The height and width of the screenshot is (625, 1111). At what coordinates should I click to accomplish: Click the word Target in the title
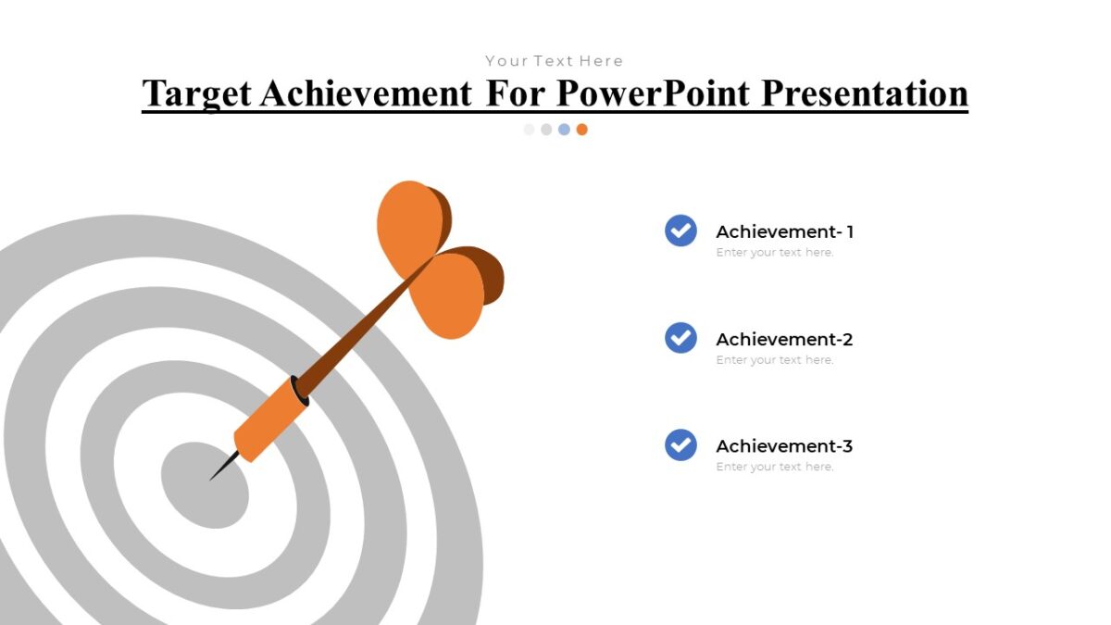point(196,94)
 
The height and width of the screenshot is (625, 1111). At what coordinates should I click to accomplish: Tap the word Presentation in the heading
point(865,94)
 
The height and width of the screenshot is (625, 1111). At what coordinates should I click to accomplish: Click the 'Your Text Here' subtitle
point(555,61)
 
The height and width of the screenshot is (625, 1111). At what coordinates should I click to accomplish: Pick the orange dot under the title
point(581,130)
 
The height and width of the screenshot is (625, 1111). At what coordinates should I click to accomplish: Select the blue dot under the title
point(564,130)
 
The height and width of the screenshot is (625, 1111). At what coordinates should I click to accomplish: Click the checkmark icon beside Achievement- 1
point(680,231)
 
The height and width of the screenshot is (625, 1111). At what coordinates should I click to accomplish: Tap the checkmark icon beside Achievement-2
point(680,338)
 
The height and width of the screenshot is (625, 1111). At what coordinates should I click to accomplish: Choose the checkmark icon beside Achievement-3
point(680,444)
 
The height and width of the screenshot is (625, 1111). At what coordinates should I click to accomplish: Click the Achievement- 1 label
point(784,231)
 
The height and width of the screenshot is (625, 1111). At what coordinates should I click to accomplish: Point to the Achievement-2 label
point(784,339)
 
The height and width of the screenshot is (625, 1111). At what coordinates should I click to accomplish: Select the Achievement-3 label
point(784,445)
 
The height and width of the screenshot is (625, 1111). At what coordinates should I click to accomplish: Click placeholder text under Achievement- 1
point(775,253)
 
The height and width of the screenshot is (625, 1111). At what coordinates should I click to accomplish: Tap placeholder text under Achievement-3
point(775,467)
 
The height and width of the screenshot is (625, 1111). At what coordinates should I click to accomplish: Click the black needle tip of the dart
point(221,468)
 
